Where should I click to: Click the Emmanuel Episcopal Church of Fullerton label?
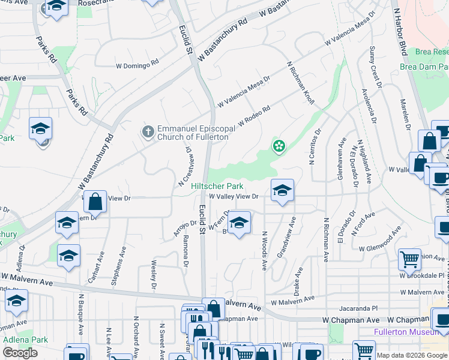[x=193, y=133]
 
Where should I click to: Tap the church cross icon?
[x=147, y=131]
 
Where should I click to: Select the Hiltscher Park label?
[x=217, y=187]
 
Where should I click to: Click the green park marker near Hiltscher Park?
[x=279, y=146]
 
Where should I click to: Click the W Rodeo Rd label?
[x=254, y=116]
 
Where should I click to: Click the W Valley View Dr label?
[x=234, y=196]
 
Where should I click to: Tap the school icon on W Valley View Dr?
[x=282, y=190]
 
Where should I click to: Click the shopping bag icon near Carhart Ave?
[x=95, y=202]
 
